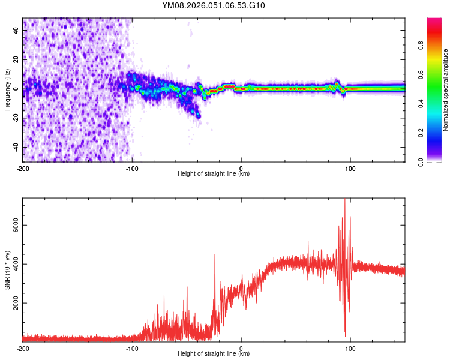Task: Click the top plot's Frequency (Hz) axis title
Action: (7, 89)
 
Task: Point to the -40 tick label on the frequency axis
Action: (15, 147)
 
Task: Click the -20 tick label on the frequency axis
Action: (15, 118)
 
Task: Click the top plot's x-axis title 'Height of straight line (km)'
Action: (214, 174)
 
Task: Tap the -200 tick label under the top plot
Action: (23, 168)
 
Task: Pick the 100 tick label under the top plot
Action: (350, 168)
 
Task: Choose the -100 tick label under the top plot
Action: (132, 168)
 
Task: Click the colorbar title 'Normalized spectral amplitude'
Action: (445, 90)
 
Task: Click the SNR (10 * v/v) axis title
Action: (7, 269)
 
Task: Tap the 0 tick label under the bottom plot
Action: (241, 348)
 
